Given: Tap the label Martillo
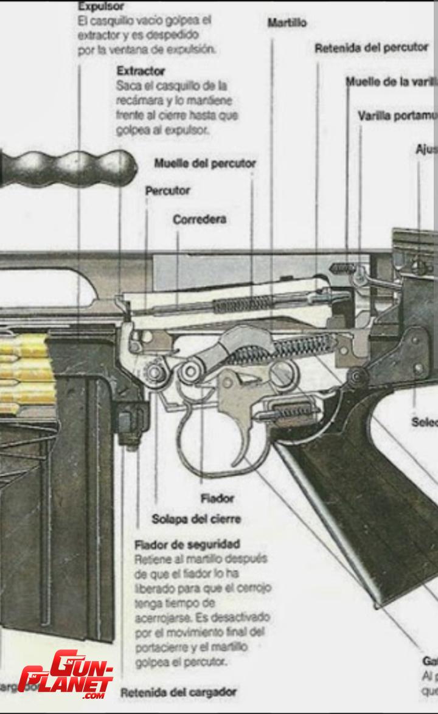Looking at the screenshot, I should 287,23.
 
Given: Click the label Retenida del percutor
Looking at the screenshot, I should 371,48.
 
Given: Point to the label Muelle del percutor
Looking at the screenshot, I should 205,163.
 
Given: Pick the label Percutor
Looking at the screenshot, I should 167,190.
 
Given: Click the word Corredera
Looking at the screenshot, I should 200,220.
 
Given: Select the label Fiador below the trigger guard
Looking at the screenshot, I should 217,499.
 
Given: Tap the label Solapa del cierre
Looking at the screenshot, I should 196,519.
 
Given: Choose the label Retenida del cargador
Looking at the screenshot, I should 178,692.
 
